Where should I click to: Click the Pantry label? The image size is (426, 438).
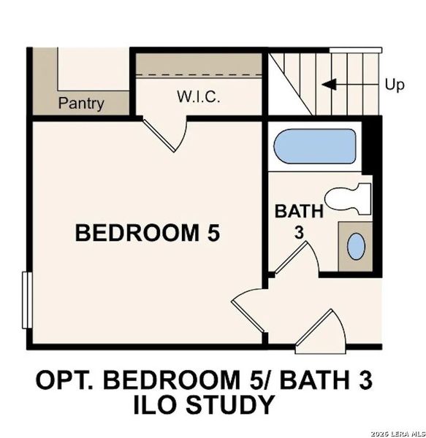[x=81, y=103]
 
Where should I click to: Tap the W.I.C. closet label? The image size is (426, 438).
[x=197, y=97]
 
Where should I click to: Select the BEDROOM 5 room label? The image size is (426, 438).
[x=148, y=233]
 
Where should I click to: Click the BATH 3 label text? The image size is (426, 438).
[x=298, y=221]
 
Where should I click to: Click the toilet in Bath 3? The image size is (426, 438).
[x=349, y=198]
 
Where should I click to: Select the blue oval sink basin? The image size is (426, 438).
[x=356, y=246]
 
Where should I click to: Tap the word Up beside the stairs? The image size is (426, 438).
[x=395, y=85]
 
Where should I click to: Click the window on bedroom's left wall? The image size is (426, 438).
[x=26, y=299]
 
